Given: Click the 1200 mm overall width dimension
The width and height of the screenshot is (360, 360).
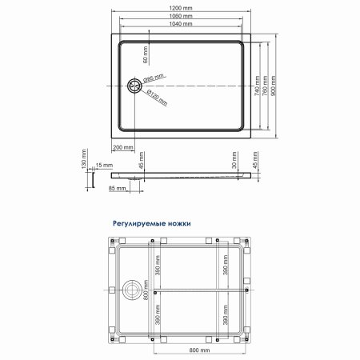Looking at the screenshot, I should pos(180,7).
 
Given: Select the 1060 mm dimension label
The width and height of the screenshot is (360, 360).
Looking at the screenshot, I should pos(180,15).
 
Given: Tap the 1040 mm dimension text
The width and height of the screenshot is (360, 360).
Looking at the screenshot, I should pos(180,23).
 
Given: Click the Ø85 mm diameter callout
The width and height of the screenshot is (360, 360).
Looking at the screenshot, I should pos(153,78).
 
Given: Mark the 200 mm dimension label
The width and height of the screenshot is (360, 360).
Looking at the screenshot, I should pos(123,147).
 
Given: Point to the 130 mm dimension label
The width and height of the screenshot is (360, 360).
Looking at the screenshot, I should pos(83,164).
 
